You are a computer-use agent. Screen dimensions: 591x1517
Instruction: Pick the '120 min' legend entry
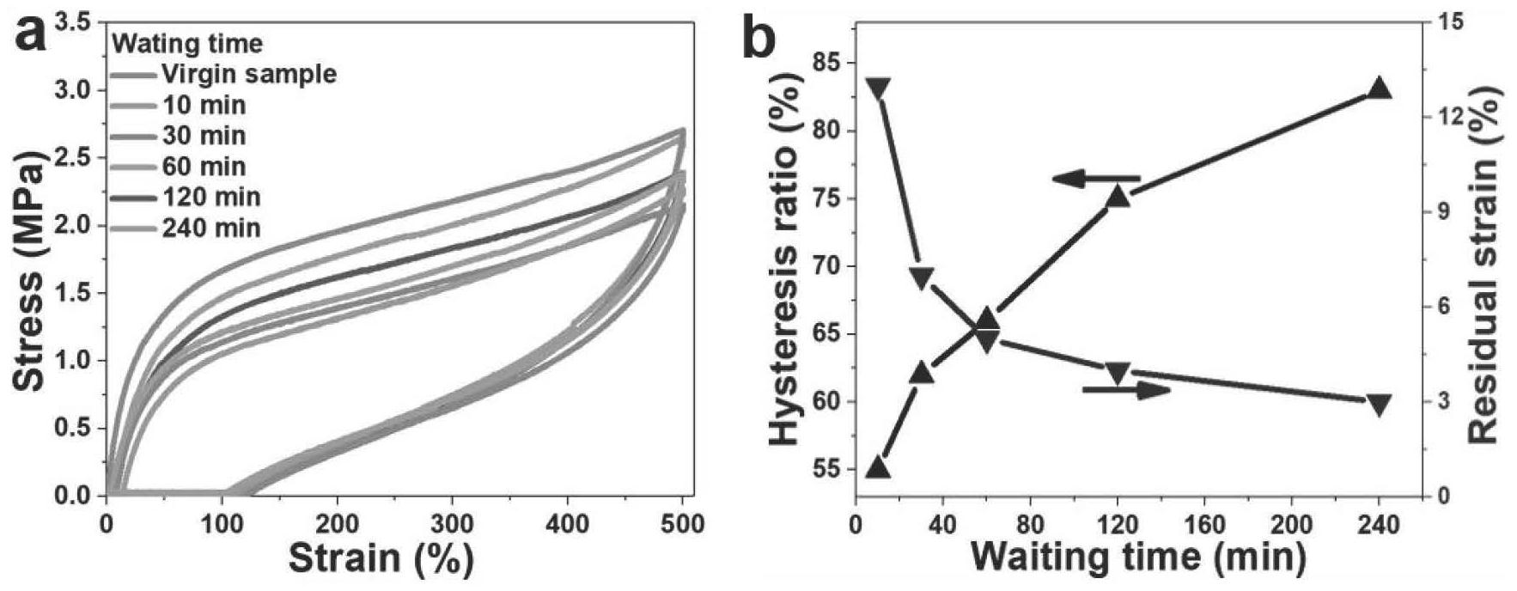210,197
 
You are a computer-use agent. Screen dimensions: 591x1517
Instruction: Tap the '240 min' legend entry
210,228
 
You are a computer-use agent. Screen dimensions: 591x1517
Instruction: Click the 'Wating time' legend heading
187,42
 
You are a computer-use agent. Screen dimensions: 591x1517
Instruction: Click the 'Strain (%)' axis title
381,558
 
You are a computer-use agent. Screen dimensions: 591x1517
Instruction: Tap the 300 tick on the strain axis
452,522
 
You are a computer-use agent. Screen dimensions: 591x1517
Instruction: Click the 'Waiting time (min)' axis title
1139,557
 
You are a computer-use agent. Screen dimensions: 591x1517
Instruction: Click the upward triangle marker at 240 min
1379,88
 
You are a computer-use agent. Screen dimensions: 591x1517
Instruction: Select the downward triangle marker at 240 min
1379,405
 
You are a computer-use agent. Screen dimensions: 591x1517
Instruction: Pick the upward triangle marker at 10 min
877,467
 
